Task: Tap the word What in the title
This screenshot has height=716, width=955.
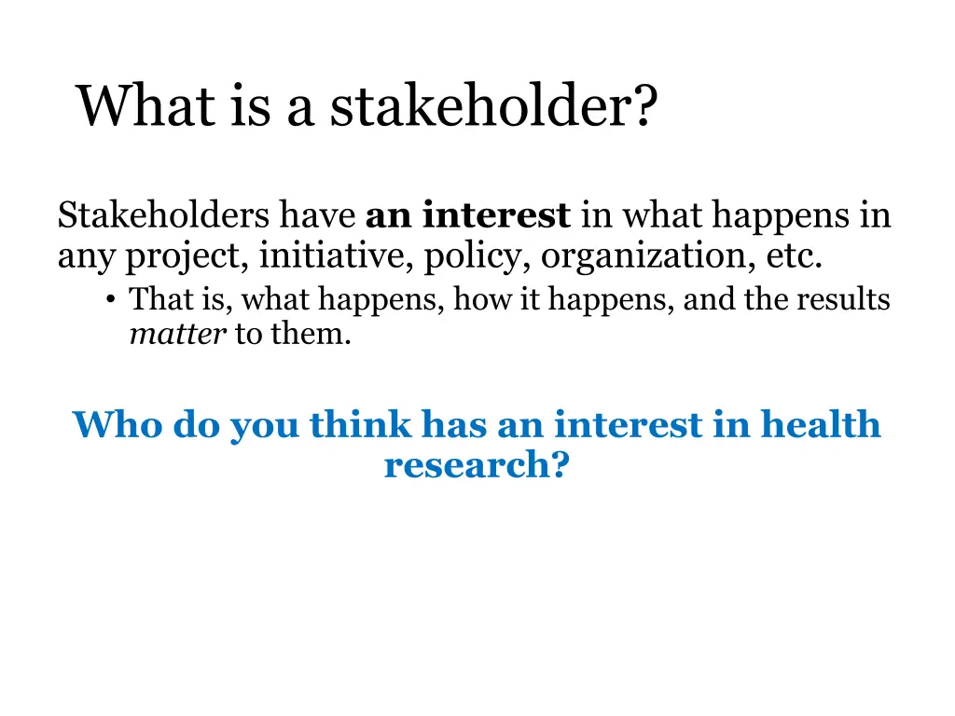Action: coord(145,106)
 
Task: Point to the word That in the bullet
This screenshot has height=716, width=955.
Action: coord(154,300)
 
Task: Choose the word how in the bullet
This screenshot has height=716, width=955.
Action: coord(479,300)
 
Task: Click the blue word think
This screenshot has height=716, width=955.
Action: coord(360,425)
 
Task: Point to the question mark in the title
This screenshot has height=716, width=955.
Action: coord(644,106)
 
